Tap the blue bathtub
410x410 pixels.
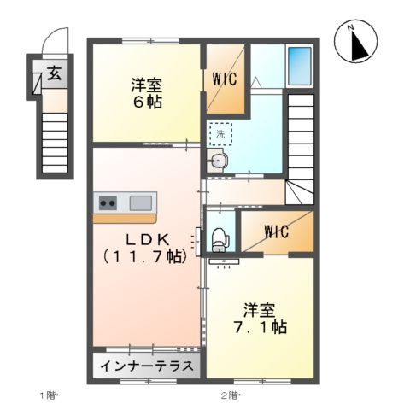tap(299, 64)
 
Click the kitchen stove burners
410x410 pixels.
tap(108, 203)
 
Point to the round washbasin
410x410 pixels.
tap(218, 161)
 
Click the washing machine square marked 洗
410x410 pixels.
tap(220, 134)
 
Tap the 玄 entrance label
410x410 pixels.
tap(53, 73)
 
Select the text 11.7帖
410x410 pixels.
tap(143, 255)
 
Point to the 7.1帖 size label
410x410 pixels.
tap(260, 327)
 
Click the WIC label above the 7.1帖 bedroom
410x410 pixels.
tap(276, 231)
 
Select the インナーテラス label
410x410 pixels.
tap(145, 368)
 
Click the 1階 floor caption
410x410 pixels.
tap(50, 395)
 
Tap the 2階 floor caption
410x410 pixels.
tap(231, 395)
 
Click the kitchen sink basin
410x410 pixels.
tap(141, 203)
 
